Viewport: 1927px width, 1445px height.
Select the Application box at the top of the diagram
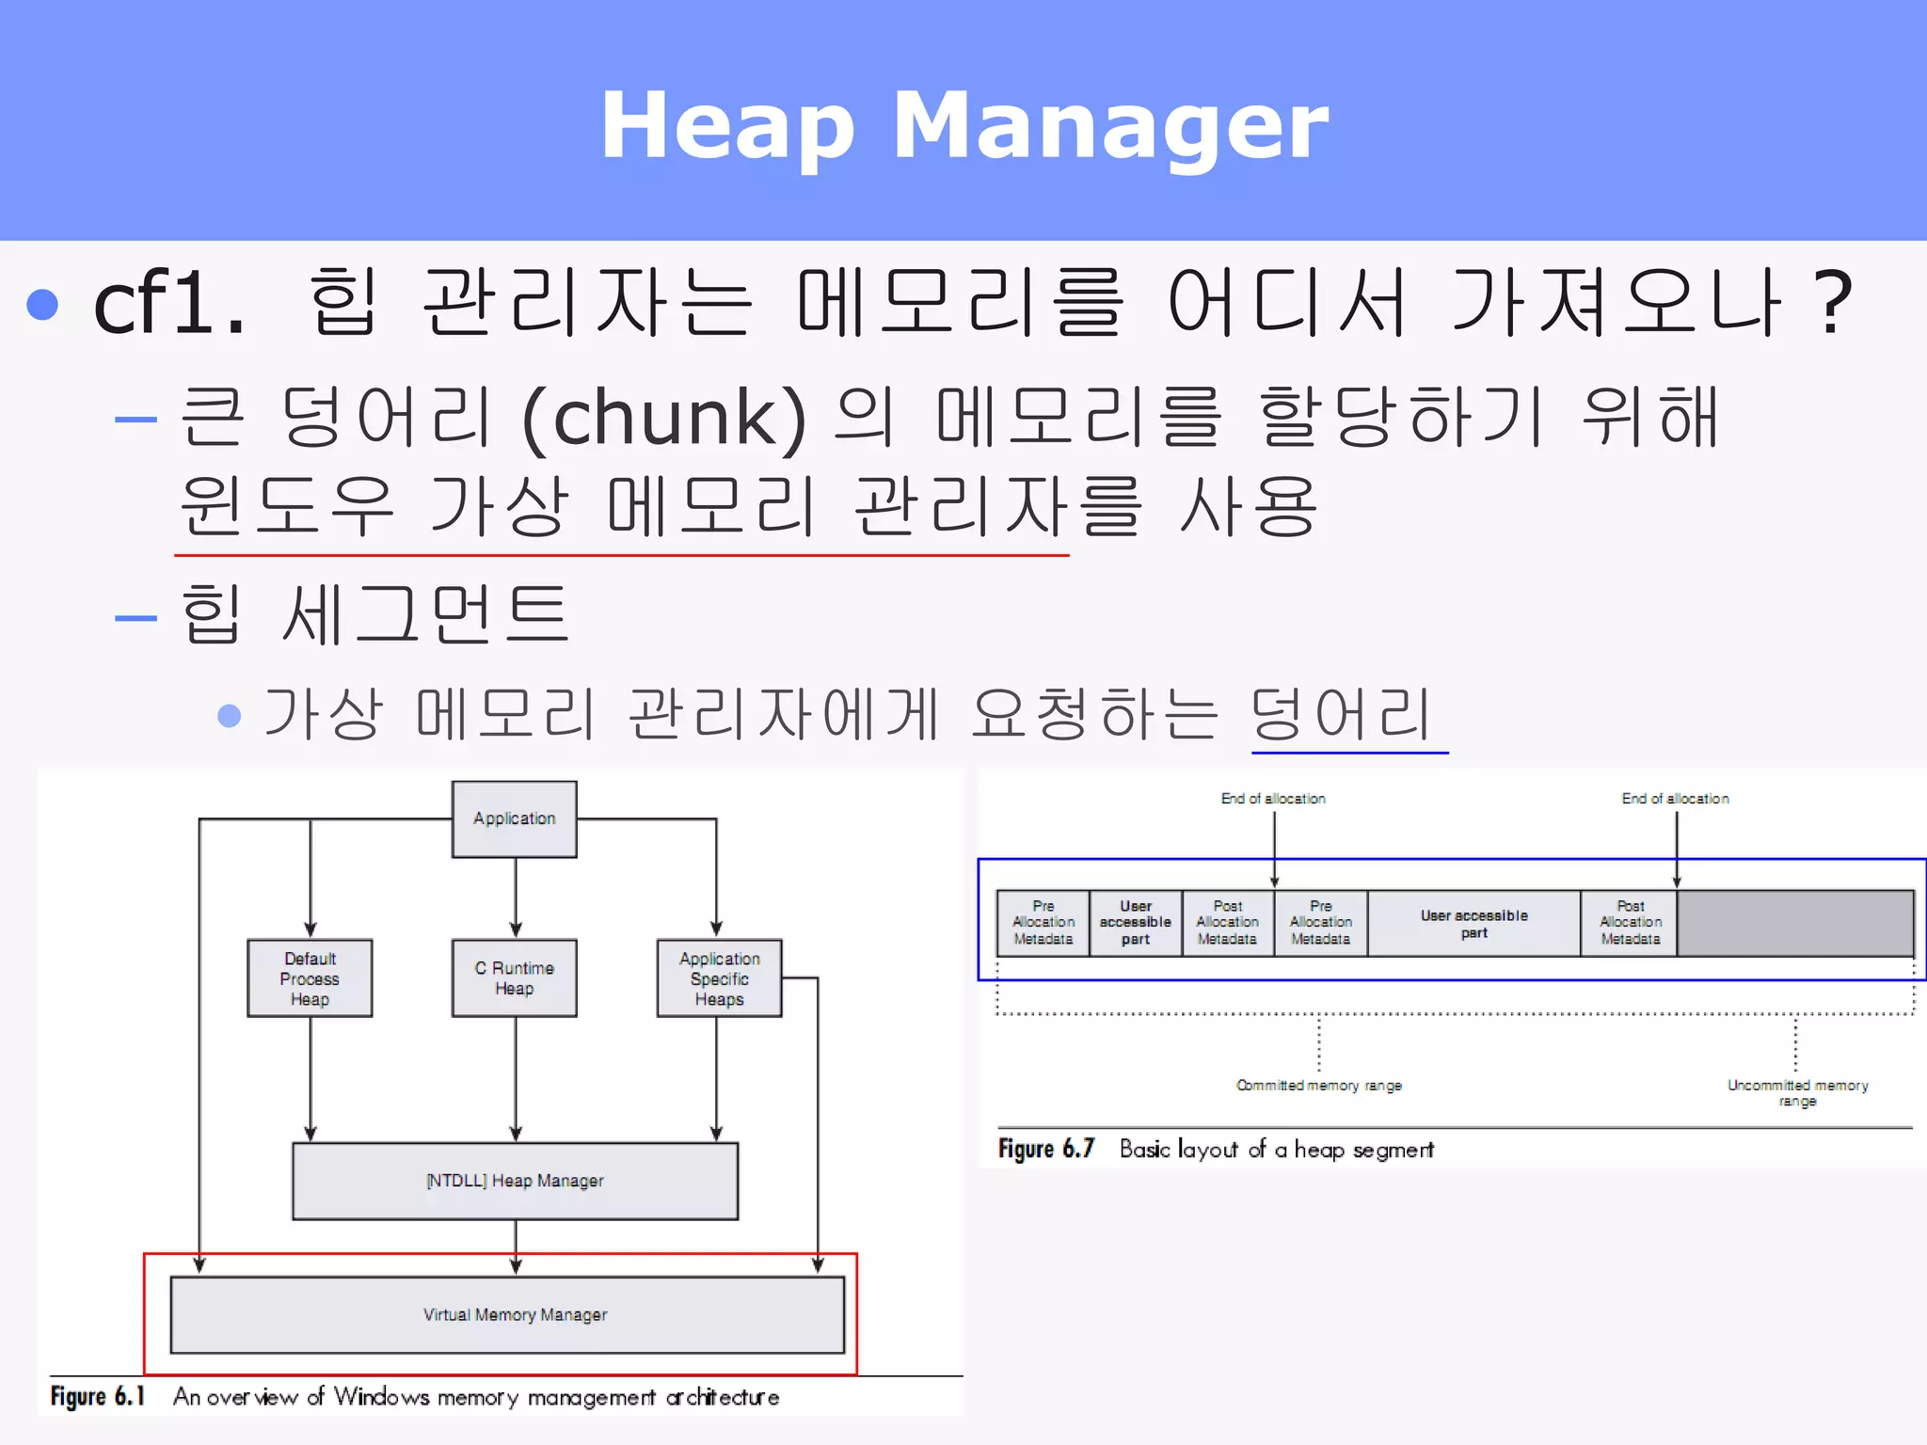point(514,818)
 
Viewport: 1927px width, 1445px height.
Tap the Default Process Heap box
point(310,978)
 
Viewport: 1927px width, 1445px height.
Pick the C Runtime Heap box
point(514,978)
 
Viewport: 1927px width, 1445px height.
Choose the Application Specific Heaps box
point(719,978)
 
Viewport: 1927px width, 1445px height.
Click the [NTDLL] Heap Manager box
point(515,1181)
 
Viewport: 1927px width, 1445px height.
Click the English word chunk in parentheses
point(663,417)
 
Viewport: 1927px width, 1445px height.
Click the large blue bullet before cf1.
point(42,304)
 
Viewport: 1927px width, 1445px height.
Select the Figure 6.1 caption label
point(98,1397)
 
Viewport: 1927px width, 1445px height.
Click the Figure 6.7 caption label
point(1046,1150)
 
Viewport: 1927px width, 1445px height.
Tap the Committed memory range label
point(1318,1086)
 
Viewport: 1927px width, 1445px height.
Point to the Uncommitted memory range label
point(1797,1092)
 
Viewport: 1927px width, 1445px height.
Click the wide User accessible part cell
point(1473,923)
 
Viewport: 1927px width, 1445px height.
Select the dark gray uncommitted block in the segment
point(1794,923)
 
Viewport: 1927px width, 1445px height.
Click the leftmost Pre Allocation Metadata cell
point(1043,923)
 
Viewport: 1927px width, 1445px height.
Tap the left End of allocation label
point(1273,799)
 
